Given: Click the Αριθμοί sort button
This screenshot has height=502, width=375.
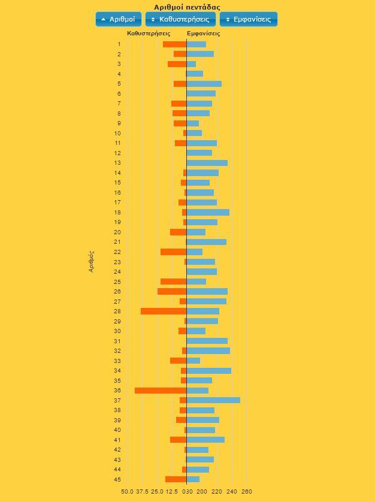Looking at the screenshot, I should tap(119, 19).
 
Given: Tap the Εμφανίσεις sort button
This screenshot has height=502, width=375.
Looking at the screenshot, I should tap(249, 19).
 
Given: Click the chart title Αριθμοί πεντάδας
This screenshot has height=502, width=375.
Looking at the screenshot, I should tap(187, 7).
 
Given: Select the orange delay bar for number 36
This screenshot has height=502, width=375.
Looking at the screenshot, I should tap(161, 391).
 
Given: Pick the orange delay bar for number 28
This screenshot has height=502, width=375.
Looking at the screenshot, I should tap(164, 312).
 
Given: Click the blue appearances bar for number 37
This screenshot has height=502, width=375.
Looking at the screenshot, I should tap(213, 400).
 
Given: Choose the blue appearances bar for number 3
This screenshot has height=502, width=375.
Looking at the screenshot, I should tap(191, 64).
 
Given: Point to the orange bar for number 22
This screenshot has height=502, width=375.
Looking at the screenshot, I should tap(173, 252).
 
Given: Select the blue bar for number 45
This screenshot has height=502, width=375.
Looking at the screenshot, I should tap(193, 479).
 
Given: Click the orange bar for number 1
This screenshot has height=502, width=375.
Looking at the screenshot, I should tap(174, 44).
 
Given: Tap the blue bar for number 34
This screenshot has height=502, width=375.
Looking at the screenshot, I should tap(209, 371).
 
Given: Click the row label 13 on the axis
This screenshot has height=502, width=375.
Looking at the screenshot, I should tap(118, 163).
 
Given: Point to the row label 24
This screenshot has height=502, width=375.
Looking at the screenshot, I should tap(118, 272).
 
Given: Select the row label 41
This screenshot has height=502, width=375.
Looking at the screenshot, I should tap(118, 440).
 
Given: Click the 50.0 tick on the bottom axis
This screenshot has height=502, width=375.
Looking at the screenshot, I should tap(127, 492).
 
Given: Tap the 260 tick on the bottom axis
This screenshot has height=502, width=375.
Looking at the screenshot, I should tap(247, 492).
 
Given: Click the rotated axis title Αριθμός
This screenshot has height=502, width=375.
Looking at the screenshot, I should tap(92, 261).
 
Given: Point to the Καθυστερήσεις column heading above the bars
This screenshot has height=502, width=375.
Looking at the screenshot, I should tap(149, 34).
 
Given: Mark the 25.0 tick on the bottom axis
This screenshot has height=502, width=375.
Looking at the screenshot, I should tap(157, 492).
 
